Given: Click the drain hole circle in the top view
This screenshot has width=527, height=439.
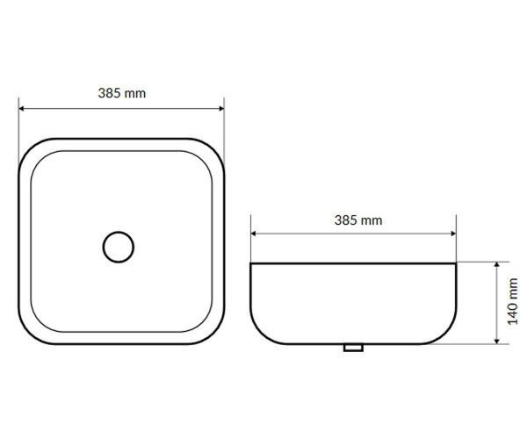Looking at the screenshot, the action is (x=119, y=232).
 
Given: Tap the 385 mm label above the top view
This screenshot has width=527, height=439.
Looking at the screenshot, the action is (x=122, y=93).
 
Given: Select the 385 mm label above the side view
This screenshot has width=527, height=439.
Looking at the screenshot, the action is (x=358, y=220).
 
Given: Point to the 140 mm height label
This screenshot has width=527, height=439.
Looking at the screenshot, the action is (x=513, y=301).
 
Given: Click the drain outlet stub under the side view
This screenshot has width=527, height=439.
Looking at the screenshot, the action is (x=353, y=348).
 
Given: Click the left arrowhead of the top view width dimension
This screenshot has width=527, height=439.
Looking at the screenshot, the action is (x=21, y=108).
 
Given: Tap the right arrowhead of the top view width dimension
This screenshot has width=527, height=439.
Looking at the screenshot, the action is (x=222, y=108).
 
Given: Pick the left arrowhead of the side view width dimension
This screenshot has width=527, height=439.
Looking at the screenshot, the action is (x=253, y=234).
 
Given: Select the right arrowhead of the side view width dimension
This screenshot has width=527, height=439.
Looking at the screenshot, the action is (x=454, y=234).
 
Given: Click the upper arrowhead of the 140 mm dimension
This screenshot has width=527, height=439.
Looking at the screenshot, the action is (x=497, y=264).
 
